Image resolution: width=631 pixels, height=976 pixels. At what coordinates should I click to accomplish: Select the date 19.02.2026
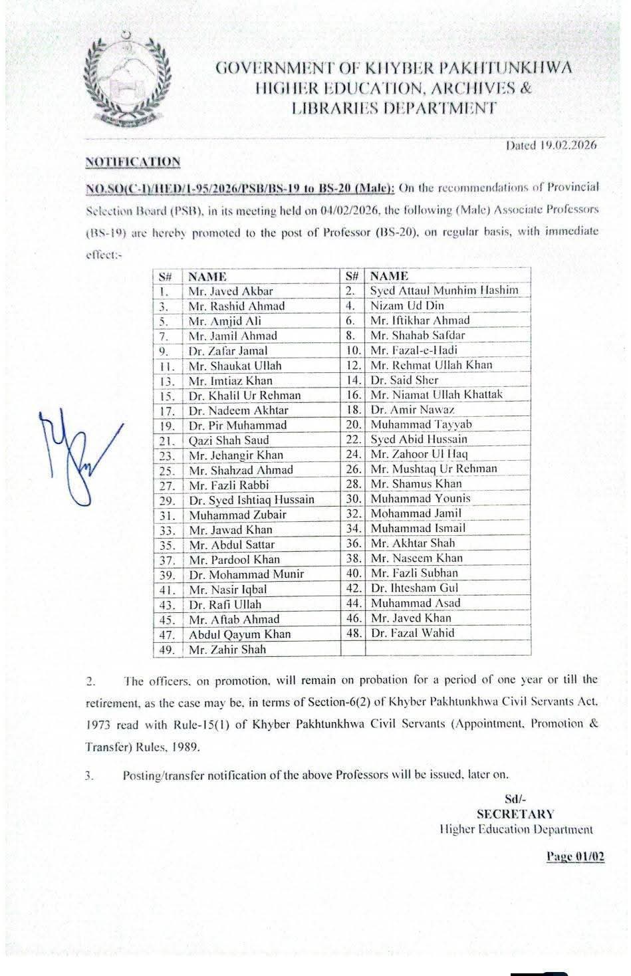pyautogui.click(x=551, y=144)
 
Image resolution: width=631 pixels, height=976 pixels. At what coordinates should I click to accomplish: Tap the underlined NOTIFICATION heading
pyautogui.click(x=132, y=162)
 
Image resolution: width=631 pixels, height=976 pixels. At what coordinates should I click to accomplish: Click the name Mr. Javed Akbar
pyautogui.click(x=231, y=291)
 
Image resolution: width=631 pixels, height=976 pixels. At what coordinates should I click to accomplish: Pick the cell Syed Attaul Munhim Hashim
pyautogui.click(x=444, y=290)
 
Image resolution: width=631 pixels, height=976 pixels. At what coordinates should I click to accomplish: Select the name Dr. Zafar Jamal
pyautogui.click(x=228, y=350)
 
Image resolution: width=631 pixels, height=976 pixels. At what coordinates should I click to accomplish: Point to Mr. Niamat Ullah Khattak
pyautogui.click(x=436, y=395)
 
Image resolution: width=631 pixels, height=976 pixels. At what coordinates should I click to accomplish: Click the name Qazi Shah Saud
pyautogui.click(x=229, y=440)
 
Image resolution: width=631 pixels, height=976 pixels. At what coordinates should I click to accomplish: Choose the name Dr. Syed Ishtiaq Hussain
pyautogui.click(x=251, y=499)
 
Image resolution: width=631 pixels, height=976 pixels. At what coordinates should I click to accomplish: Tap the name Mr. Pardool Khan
pyautogui.click(x=234, y=559)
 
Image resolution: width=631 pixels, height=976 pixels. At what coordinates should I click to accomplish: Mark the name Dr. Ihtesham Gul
pyautogui.click(x=414, y=588)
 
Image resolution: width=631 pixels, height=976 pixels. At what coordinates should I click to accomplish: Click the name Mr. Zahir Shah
pyautogui.click(x=227, y=650)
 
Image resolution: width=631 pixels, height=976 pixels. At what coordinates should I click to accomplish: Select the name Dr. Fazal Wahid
pyautogui.click(x=412, y=633)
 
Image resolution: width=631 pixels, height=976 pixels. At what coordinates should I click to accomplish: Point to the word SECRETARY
pyautogui.click(x=515, y=814)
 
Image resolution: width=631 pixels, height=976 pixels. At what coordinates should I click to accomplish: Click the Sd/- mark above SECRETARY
pyautogui.click(x=515, y=799)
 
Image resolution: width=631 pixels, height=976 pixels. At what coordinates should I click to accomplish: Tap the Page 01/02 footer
pyautogui.click(x=575, y=857)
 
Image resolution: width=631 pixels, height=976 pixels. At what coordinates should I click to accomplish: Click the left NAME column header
pyautogui.click(x=207, y=277)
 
